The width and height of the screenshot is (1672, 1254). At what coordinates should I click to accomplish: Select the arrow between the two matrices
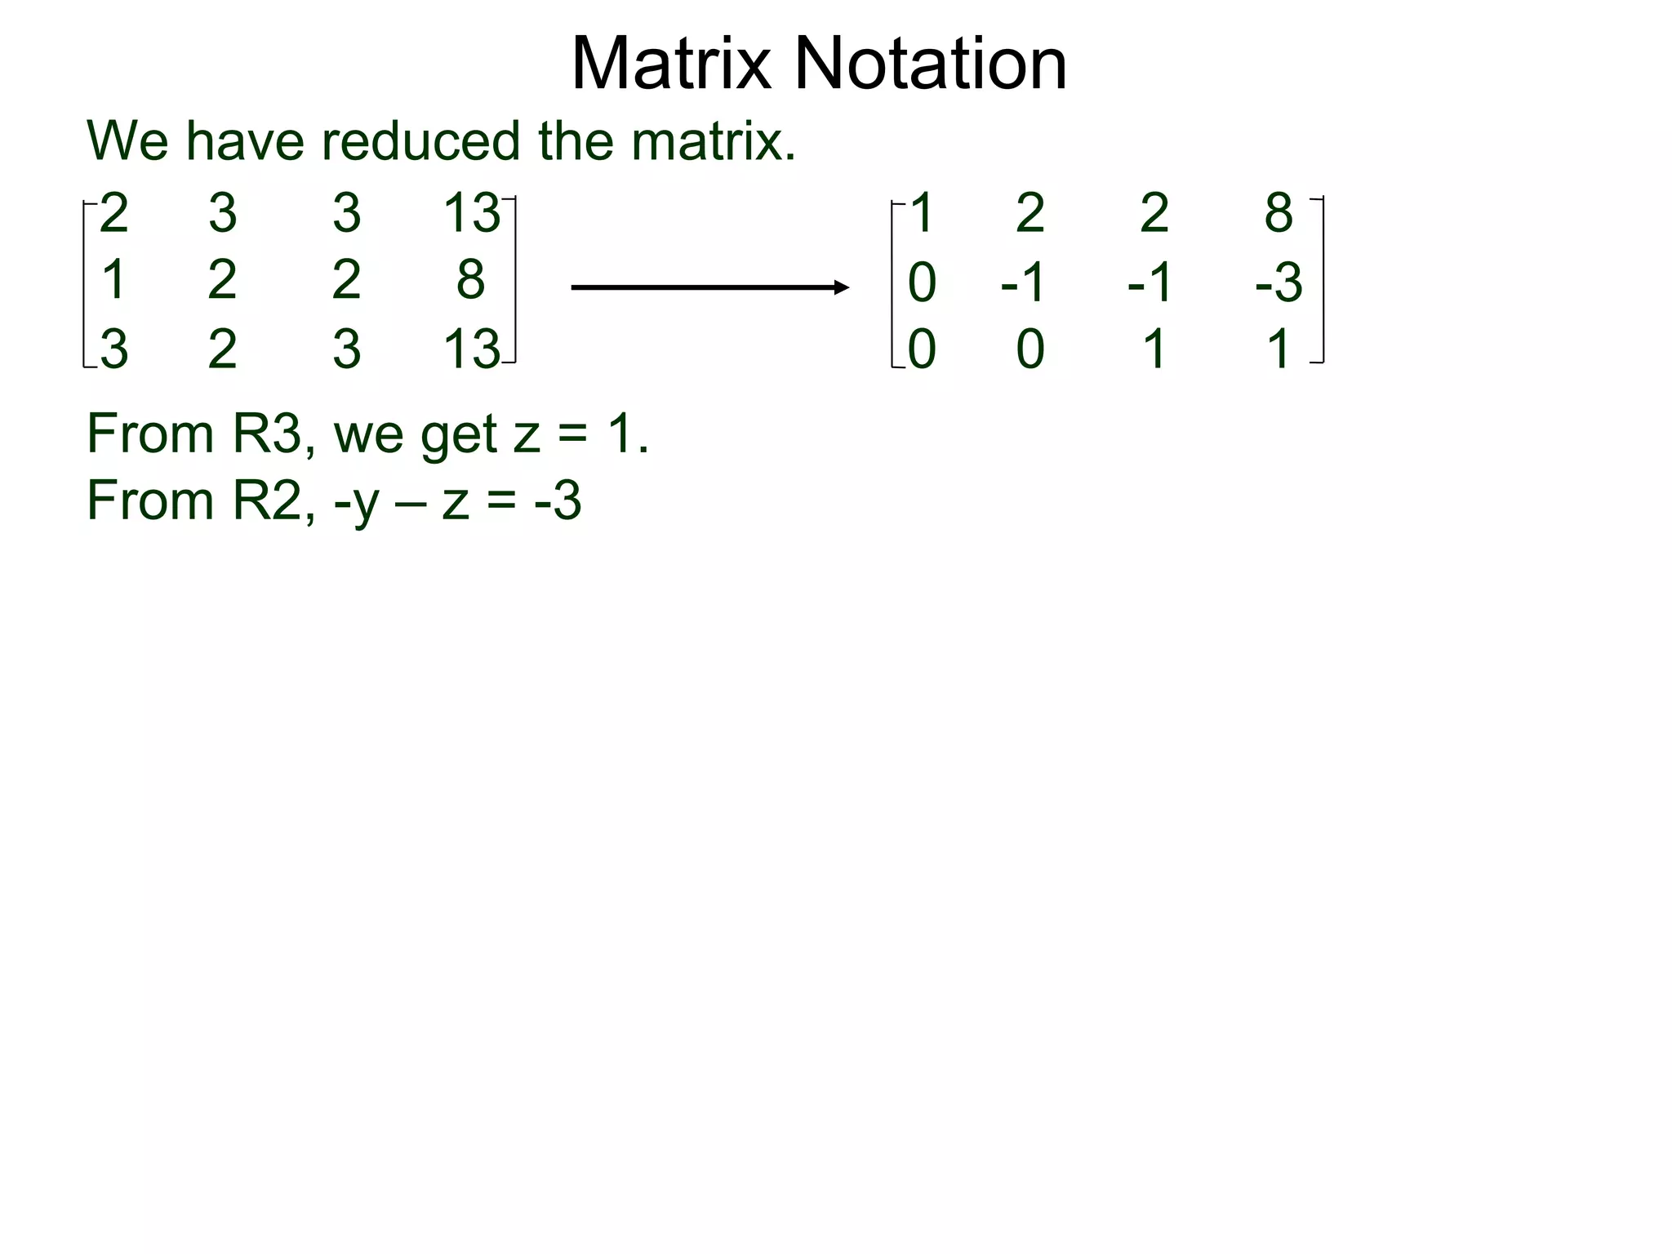pos(709,287)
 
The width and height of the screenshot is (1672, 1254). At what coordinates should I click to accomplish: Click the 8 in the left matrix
pos(470,279)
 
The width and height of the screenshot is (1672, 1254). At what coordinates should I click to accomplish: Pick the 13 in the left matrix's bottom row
pos(470,349)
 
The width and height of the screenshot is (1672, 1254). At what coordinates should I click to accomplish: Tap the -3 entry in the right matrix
pos(1278,282)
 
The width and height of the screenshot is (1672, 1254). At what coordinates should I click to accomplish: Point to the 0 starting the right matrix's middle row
pos(922,282)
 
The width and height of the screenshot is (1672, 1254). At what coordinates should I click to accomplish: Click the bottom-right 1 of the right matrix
pos(1278,349)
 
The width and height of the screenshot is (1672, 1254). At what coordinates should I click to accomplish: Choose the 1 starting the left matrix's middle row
pos(113,279)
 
